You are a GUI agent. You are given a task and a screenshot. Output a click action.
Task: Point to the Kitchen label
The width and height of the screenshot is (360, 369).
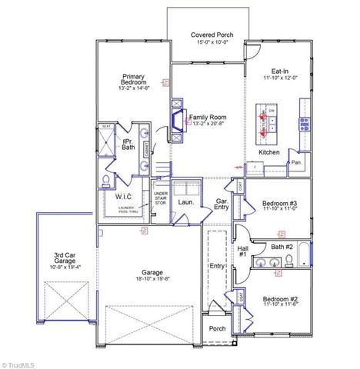(x=268, y=152)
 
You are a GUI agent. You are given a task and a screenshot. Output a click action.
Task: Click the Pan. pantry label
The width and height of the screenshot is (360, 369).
(x=295, y=162)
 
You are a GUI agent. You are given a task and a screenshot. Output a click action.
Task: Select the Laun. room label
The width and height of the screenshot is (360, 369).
(x=185, y=202)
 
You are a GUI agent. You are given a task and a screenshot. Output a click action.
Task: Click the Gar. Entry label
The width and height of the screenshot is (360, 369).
(x=222, y=203)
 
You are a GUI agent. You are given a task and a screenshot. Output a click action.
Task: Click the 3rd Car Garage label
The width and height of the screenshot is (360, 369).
(x=63, y=258)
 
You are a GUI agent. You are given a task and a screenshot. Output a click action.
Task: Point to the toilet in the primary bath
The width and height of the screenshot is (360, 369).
(x=105, y=181)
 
